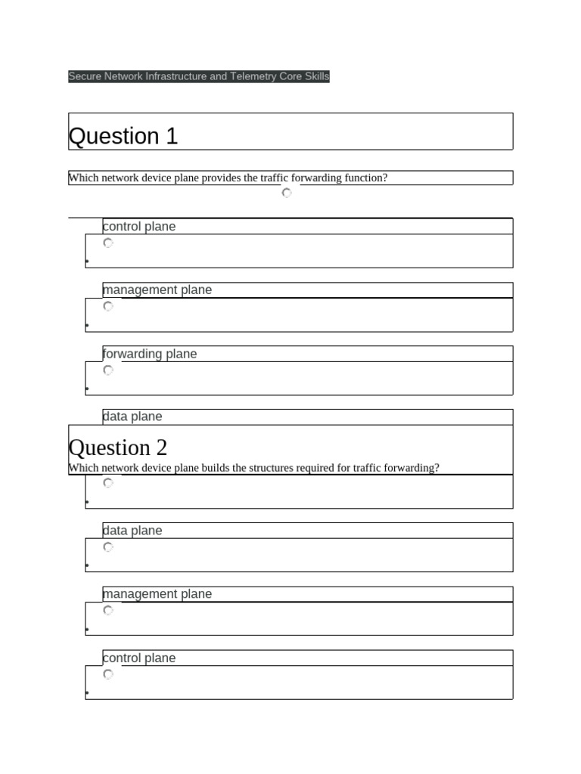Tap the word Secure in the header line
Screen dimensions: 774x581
point(85,76)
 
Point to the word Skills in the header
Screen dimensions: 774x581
point(318,76)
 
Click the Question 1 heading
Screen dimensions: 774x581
point(123,136)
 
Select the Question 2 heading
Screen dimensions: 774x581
point(118,447)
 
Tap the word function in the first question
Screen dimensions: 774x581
point(364,178)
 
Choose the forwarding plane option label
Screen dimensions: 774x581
point(150,354)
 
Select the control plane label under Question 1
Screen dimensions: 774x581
point(139,226)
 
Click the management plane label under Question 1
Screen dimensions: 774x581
point(157,290)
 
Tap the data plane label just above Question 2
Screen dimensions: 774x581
point(132,416)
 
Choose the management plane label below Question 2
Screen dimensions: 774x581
point(157,594)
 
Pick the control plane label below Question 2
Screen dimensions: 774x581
point(139,658)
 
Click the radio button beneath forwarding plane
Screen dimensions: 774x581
point(108,370)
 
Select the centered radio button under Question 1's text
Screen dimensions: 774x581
point(287,193)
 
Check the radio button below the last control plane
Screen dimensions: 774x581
point(108,674)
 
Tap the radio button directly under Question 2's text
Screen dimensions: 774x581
point(108,483)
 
